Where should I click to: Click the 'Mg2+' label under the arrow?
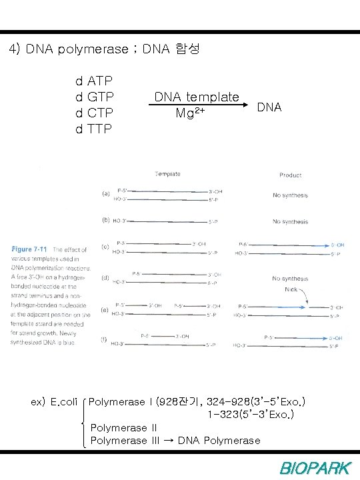tap(189, 112)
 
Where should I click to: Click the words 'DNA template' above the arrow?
tap(197, 97)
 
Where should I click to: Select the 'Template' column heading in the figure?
tap(168, 174)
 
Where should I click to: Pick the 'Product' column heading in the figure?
tap(290, 175)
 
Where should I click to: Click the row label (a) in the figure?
tap(106, 194)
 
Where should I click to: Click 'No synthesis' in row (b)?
tap(290, 221)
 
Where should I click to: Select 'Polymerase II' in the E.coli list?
tap(123, 428)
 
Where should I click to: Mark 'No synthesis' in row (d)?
tap(290, 278)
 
